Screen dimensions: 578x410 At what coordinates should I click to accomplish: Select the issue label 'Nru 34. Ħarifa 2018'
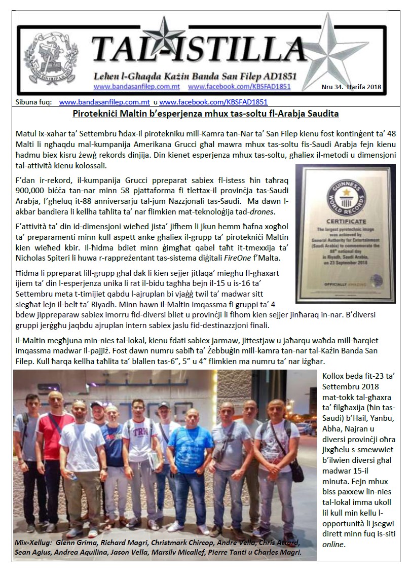[352, 86]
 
